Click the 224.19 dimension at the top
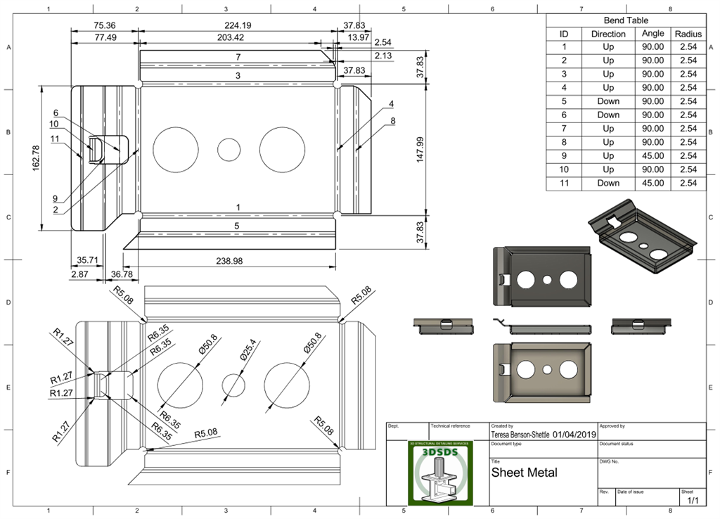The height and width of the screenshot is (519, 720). [238, 25]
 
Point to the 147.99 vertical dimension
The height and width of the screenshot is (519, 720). [420, 150]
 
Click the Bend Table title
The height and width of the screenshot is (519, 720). [626, 20]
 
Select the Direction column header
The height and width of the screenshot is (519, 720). [608, 34]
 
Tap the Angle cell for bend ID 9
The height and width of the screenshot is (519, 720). [653, 155]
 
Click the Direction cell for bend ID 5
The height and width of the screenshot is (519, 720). [608, 101]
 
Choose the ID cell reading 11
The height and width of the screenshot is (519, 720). [563, 183]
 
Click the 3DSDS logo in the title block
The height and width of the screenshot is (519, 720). [441, 473]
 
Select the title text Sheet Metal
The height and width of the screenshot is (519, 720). [524, 473]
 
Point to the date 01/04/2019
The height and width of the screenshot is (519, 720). [574, 435]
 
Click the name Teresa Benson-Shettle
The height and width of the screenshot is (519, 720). [520, 435]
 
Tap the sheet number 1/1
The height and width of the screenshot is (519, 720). [693, 500]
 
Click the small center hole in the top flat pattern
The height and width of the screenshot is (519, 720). [229, 149]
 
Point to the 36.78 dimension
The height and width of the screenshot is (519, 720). [122, 274]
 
